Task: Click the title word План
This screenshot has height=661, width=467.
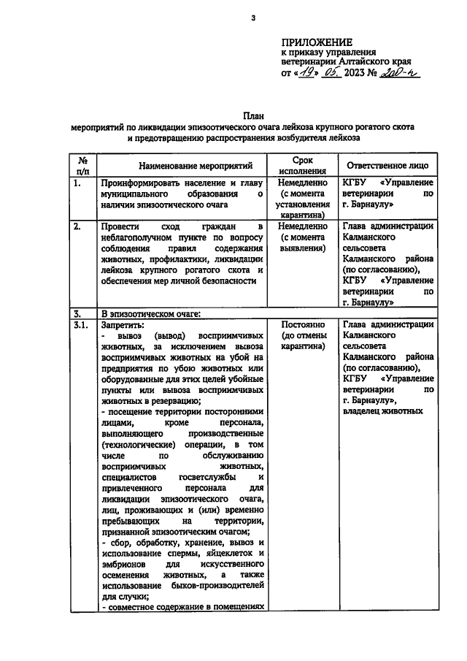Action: pyautogui.click(x=252, y=115)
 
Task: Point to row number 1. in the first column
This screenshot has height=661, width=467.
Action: pyautogui.click(x=77, y=183)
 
